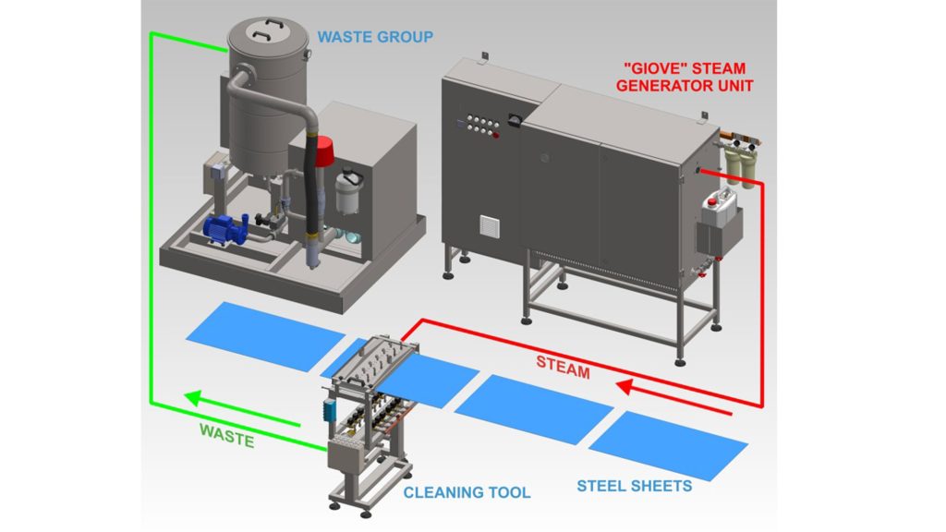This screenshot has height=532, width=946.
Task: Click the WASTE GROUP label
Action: point(375,37)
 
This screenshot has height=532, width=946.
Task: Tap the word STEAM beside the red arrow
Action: point(563,367)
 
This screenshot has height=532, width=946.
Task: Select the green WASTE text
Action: point(226,435)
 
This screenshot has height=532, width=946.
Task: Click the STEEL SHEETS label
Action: point(634,485)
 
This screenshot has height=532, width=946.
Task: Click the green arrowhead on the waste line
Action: point(193,399)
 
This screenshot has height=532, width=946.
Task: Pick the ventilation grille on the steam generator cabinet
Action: point(488,227)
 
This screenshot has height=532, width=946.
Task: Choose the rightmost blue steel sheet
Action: point(668,444)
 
